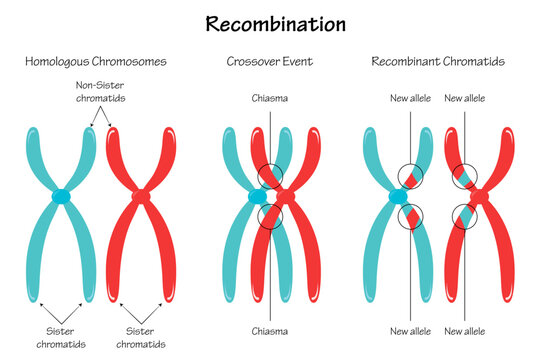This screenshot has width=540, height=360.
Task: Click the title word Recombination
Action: click(270, 21)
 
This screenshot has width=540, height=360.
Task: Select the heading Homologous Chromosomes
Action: click(95, 62)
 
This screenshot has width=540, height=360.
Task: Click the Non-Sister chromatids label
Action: click(107, 93)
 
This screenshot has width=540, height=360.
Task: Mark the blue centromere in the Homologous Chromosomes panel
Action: click(62, 197)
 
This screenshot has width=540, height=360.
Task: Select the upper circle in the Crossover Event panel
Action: click(269, 177)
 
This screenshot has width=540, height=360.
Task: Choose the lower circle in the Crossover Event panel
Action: click(269, 216)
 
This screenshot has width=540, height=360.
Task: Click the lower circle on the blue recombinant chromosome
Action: click(411, 216)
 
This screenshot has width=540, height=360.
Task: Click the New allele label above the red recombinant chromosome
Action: click(465, 99)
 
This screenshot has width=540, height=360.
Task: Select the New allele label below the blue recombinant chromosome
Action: click(410, 329)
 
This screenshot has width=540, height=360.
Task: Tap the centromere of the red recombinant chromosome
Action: click(477, 197)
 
